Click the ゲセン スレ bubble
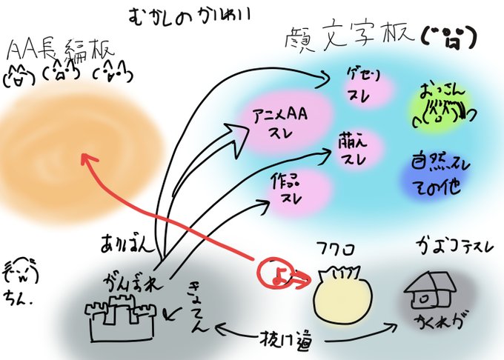[x=363, y=86]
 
